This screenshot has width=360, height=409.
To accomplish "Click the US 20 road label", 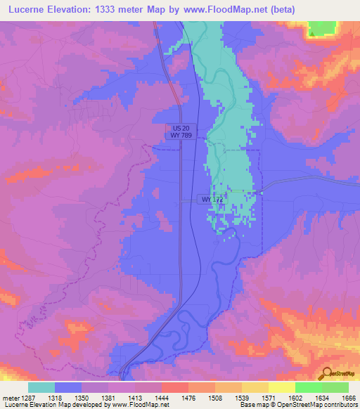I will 181,127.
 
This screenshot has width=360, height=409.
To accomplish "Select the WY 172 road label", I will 212,200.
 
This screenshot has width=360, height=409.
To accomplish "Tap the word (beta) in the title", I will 280,9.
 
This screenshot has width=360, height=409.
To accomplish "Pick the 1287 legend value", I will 27,397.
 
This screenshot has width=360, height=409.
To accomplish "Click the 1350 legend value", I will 82,397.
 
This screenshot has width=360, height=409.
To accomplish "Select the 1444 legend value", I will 162,397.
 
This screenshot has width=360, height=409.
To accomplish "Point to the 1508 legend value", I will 216,397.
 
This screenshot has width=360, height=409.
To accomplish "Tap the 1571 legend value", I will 269,397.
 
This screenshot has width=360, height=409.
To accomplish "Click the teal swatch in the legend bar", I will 41,387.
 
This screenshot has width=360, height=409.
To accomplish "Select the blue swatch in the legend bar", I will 68,387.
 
